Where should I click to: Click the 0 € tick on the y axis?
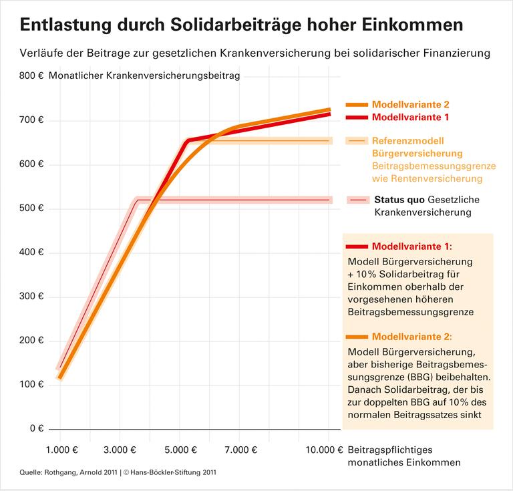pyautogui.click(x=36, y=428)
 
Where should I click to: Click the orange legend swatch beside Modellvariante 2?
pyautogui.click(x=357, y=105)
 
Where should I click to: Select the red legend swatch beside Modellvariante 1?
pyautogui.click(x=357, y=117)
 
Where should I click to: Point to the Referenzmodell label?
pyautogui.click(x=407, y=141)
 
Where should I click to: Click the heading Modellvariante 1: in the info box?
pyautogui.click(x=411, y=246)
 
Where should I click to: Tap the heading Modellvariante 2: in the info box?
pyautogui.click(x=411, y=337)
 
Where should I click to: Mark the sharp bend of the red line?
pyautogui.click(x=188, y=140)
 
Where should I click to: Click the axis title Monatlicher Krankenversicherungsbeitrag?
pyautogui.click(x=144, y=76)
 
